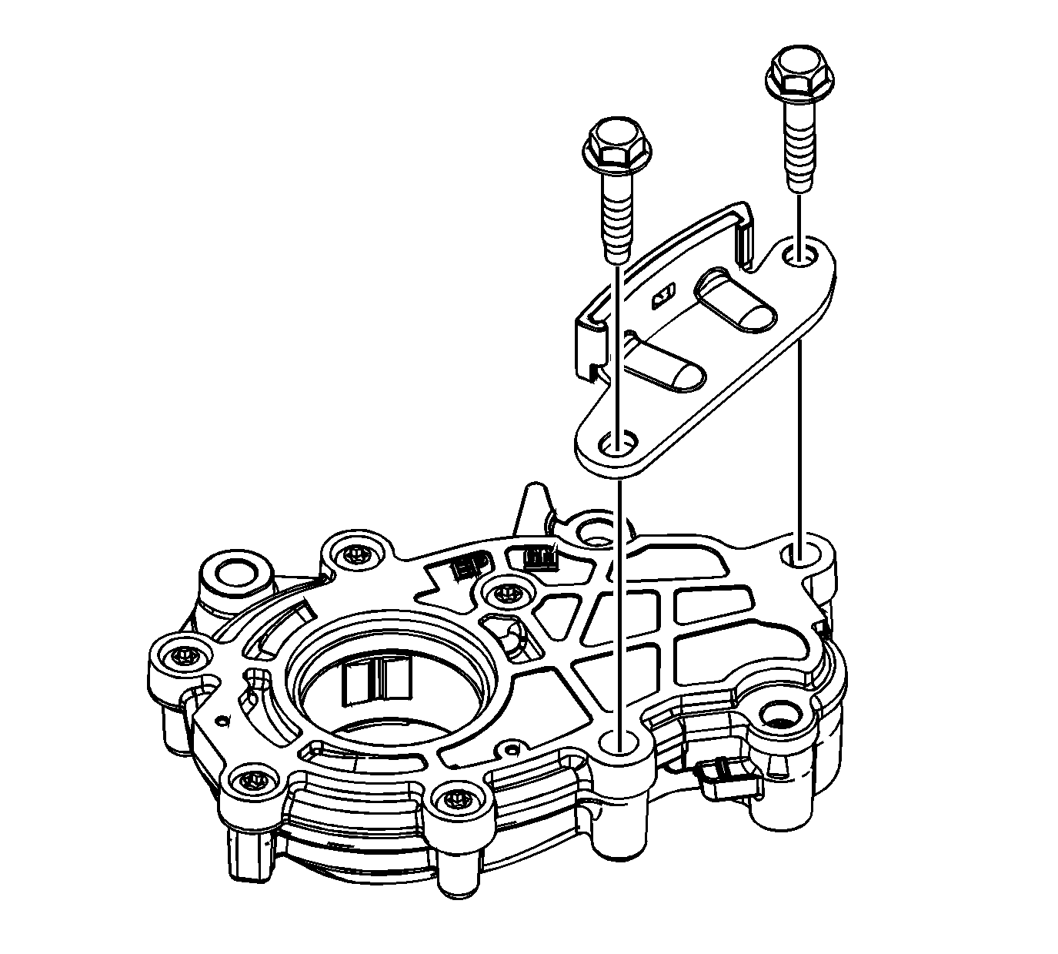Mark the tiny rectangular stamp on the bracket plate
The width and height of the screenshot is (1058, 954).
point(663,296)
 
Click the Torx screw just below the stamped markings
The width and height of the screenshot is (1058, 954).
point(504,592)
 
